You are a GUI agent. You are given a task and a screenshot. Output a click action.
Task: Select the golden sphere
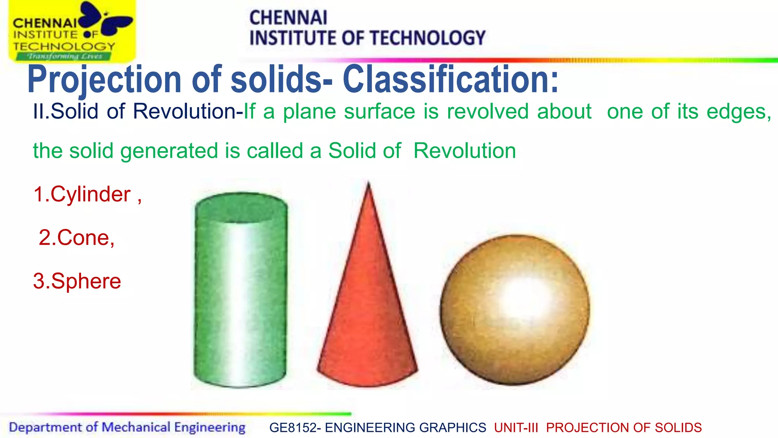[515, 310]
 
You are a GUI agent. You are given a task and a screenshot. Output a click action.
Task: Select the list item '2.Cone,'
[76, 238]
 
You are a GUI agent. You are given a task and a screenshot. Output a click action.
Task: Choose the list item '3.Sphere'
[77, 281]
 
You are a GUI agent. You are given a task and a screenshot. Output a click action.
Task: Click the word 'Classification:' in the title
[451, 79]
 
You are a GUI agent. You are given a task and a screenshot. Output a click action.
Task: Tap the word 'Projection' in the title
[104, 79]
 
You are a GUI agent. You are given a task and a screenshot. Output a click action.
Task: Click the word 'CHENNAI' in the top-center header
[288, 17]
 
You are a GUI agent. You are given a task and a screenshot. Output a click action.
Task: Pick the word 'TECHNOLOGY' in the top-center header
[427, 38]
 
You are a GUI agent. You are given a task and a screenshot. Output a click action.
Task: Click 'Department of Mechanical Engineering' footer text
[127, 427]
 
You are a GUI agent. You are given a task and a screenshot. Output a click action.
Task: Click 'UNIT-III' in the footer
[516, 428]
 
